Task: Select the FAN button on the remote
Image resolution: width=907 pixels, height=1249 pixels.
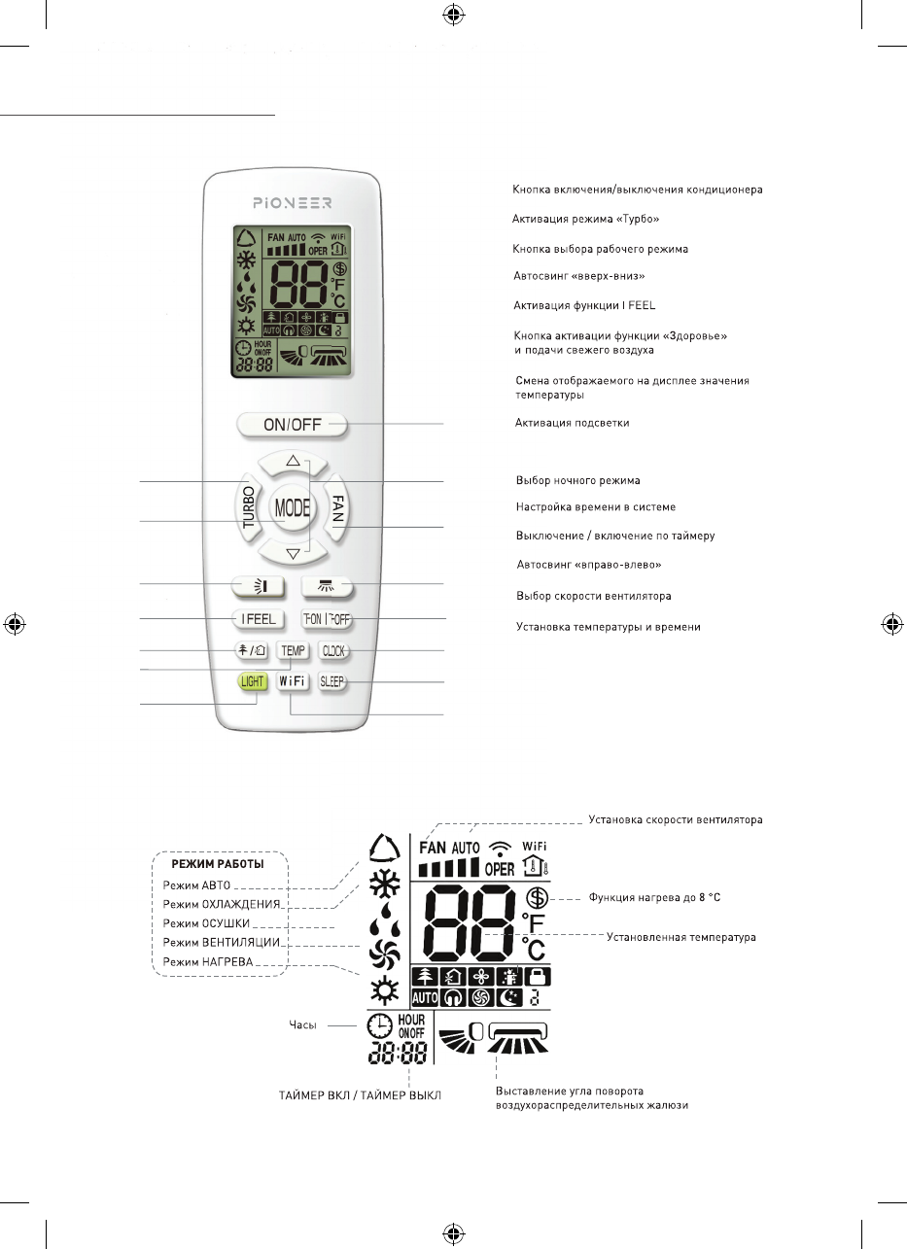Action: pyautogui.click(x=337, y=505)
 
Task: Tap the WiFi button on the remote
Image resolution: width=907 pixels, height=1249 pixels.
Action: pyautogui.click(x=292, y=681)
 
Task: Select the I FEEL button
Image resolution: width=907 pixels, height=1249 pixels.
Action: pyautogui.click(x=257, y=618)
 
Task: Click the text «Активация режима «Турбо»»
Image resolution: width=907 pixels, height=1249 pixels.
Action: pyautogui.click(x=585, y=220)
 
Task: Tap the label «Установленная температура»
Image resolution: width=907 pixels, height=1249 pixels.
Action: pyautogui.click(x=681, y=938)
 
